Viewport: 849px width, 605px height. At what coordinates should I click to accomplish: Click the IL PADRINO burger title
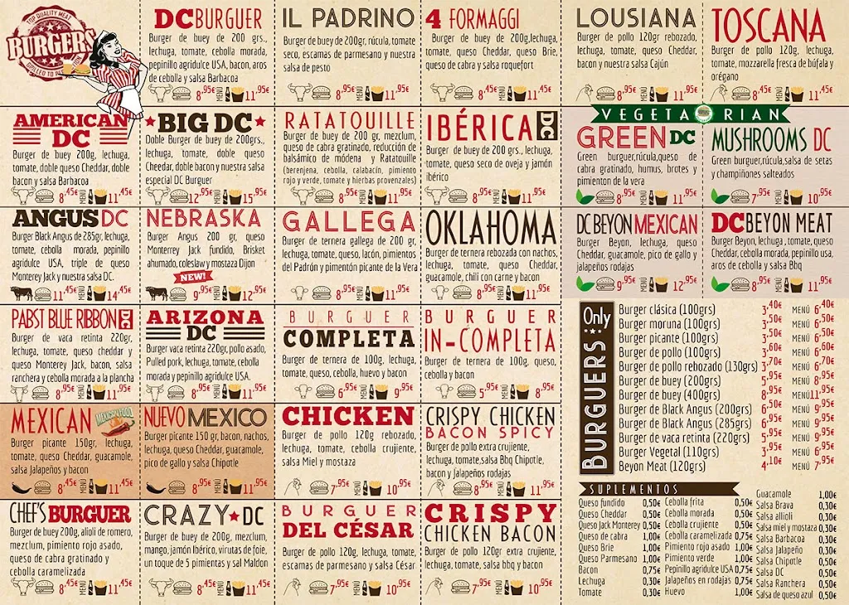coord(347,18)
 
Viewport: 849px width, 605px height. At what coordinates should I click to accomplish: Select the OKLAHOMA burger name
coord(490,226)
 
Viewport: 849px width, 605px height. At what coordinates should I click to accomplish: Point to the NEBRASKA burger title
coord(204,219)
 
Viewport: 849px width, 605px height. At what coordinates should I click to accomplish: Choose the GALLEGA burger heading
coord(349,222)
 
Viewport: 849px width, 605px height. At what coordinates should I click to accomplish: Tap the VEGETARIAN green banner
coord(704,114)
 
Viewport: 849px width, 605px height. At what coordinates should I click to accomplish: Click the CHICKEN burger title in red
coord(347,416)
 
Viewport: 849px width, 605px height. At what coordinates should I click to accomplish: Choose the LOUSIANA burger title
coord(636,18)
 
